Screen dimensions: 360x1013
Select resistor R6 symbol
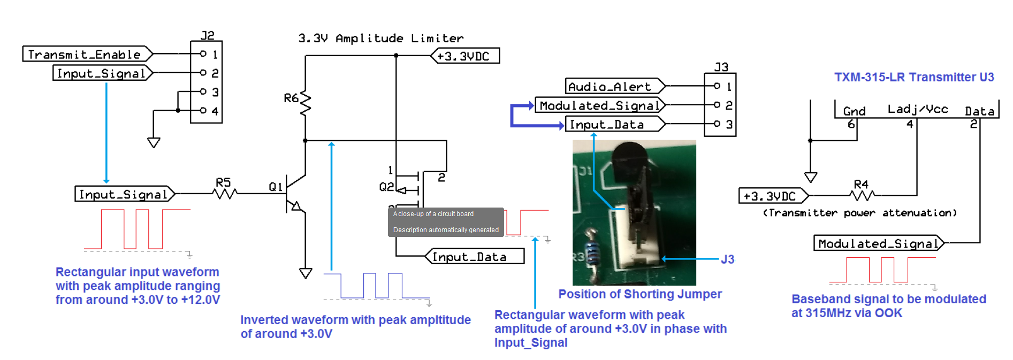click(x=306, y=104)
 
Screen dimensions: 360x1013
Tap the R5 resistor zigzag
click(x=225, y=193)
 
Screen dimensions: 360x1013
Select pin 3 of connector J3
click(x=718, y=124)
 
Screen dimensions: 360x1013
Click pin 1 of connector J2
click(x=203, y=54)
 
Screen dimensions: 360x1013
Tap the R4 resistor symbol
click(x=862, y=195)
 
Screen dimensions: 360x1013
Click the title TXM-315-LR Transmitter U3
click(x=913, y=77)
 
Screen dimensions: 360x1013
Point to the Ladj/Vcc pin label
click(x=917, y=109)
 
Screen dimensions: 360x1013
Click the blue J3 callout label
click(x=727, y=259)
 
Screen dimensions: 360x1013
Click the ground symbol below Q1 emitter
click(x=306, y=273)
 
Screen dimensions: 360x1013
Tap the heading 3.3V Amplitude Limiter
click(x=380, y=39)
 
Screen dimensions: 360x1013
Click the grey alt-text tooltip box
click(x=446, y=222)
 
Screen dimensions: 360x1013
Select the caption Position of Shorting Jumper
click(x=639, y=294)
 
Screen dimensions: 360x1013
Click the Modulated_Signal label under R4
click(x=878, y=244)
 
